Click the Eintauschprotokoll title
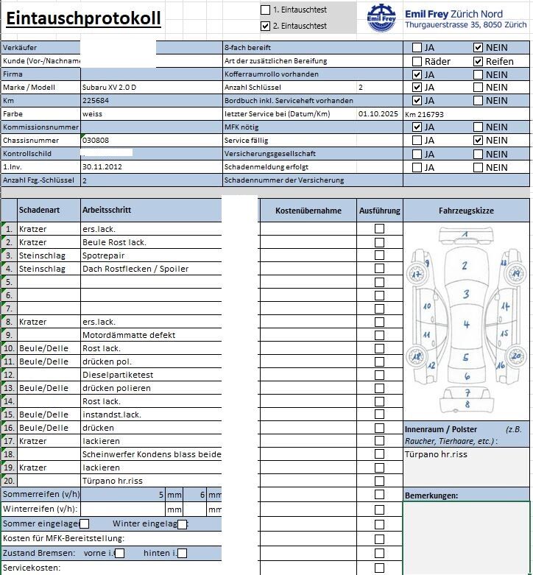83,18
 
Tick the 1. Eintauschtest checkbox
266,10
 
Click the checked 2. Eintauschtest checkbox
266,26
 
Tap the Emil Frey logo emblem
381,18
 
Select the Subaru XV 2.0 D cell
110,88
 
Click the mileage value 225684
96,101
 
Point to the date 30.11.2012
102,167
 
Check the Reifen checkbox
479,61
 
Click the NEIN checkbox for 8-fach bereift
479,48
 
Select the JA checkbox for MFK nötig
417,127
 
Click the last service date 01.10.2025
378,114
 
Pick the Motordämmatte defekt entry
129,335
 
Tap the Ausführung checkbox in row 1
379,229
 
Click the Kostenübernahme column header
308,211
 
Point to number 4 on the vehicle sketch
466,325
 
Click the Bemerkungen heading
431,495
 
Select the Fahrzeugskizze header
466,211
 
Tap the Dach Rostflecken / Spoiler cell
135,269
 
